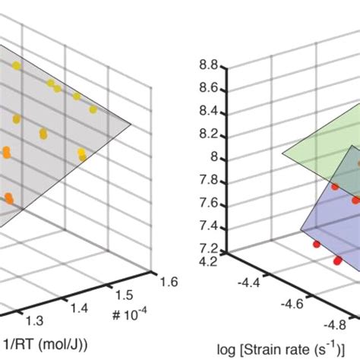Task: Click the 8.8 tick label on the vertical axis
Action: tap(208, 66)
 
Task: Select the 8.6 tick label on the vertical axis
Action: tap(208, 89)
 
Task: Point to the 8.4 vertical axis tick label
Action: tap(208, 112)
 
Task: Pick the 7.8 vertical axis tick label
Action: tap(208, 181)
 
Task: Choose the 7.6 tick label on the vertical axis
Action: tap(208, 204)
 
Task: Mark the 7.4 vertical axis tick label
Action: tap(208, 226)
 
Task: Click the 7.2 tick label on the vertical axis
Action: tap(208, 249)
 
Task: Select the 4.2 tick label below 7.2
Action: tap(208, 261)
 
